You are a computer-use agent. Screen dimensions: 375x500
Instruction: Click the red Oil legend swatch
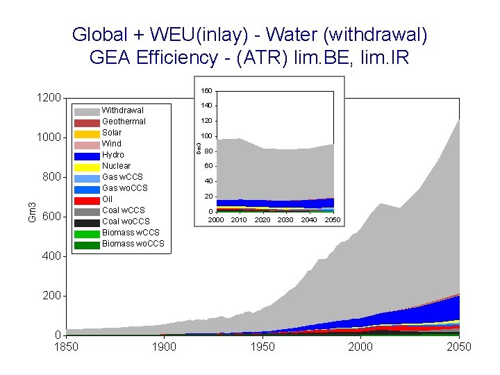point(87,199)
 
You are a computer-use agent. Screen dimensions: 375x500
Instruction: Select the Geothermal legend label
point(124,122)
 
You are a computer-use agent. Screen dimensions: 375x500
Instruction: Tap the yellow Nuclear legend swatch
point(87,166)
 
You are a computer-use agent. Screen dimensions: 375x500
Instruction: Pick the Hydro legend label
point(113,155)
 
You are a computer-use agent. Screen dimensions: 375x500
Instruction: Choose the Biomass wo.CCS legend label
point(133,244)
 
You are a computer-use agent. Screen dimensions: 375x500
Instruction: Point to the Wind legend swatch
point(87,144)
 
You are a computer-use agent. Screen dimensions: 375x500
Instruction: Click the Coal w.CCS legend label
point(124,210)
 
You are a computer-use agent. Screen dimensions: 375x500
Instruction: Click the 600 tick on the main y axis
point(51,217)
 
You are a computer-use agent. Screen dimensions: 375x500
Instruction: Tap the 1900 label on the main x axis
point(164,347)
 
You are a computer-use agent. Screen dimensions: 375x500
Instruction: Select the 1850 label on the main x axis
point(66,347)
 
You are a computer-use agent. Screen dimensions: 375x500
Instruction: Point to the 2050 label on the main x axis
point(459,347)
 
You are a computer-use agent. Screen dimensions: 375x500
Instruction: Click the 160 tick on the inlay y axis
point(206,91)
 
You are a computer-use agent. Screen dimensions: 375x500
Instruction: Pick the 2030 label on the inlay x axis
point(285,220)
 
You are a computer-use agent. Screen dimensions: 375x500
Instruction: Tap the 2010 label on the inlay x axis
point(239,220)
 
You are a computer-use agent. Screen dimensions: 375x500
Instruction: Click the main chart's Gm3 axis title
point(31,212)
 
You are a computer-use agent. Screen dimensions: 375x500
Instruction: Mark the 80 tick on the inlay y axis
point(208,151)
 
